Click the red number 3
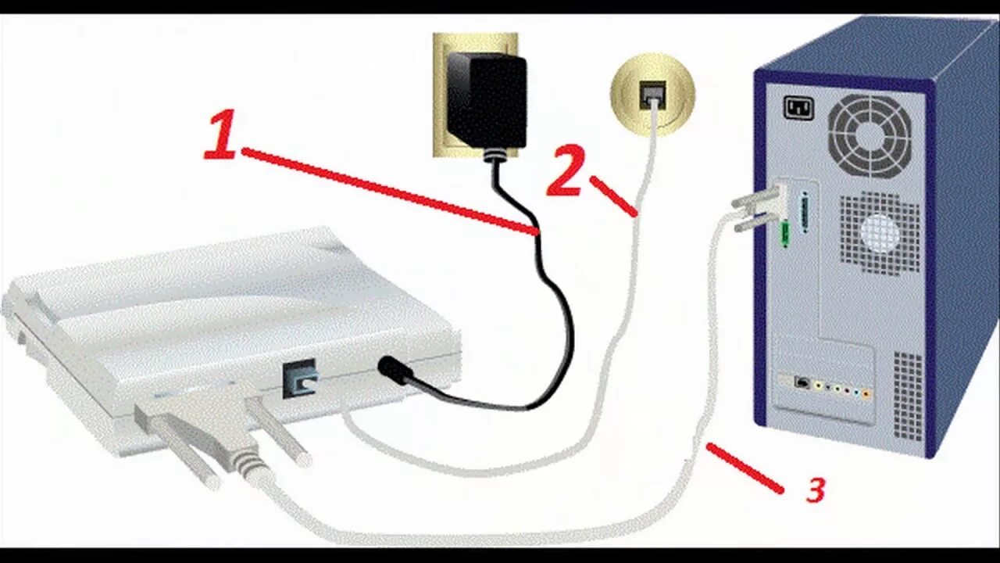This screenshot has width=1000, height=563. pos(815,490)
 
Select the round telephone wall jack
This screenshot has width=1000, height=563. pos(652,94)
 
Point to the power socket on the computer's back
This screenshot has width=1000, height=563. pos(798,107)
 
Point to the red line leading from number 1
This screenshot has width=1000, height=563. pos(391,192)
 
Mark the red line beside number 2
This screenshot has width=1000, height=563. pos(613,195)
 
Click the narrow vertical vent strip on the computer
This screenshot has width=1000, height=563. pos(907,395)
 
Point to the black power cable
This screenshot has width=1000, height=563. pos(559,313)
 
